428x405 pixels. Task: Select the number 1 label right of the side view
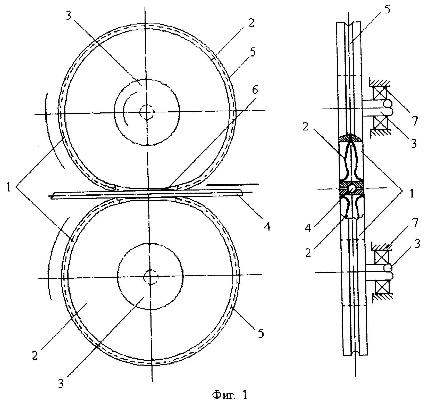(412, 193)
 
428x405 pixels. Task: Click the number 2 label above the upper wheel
(251, 23)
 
